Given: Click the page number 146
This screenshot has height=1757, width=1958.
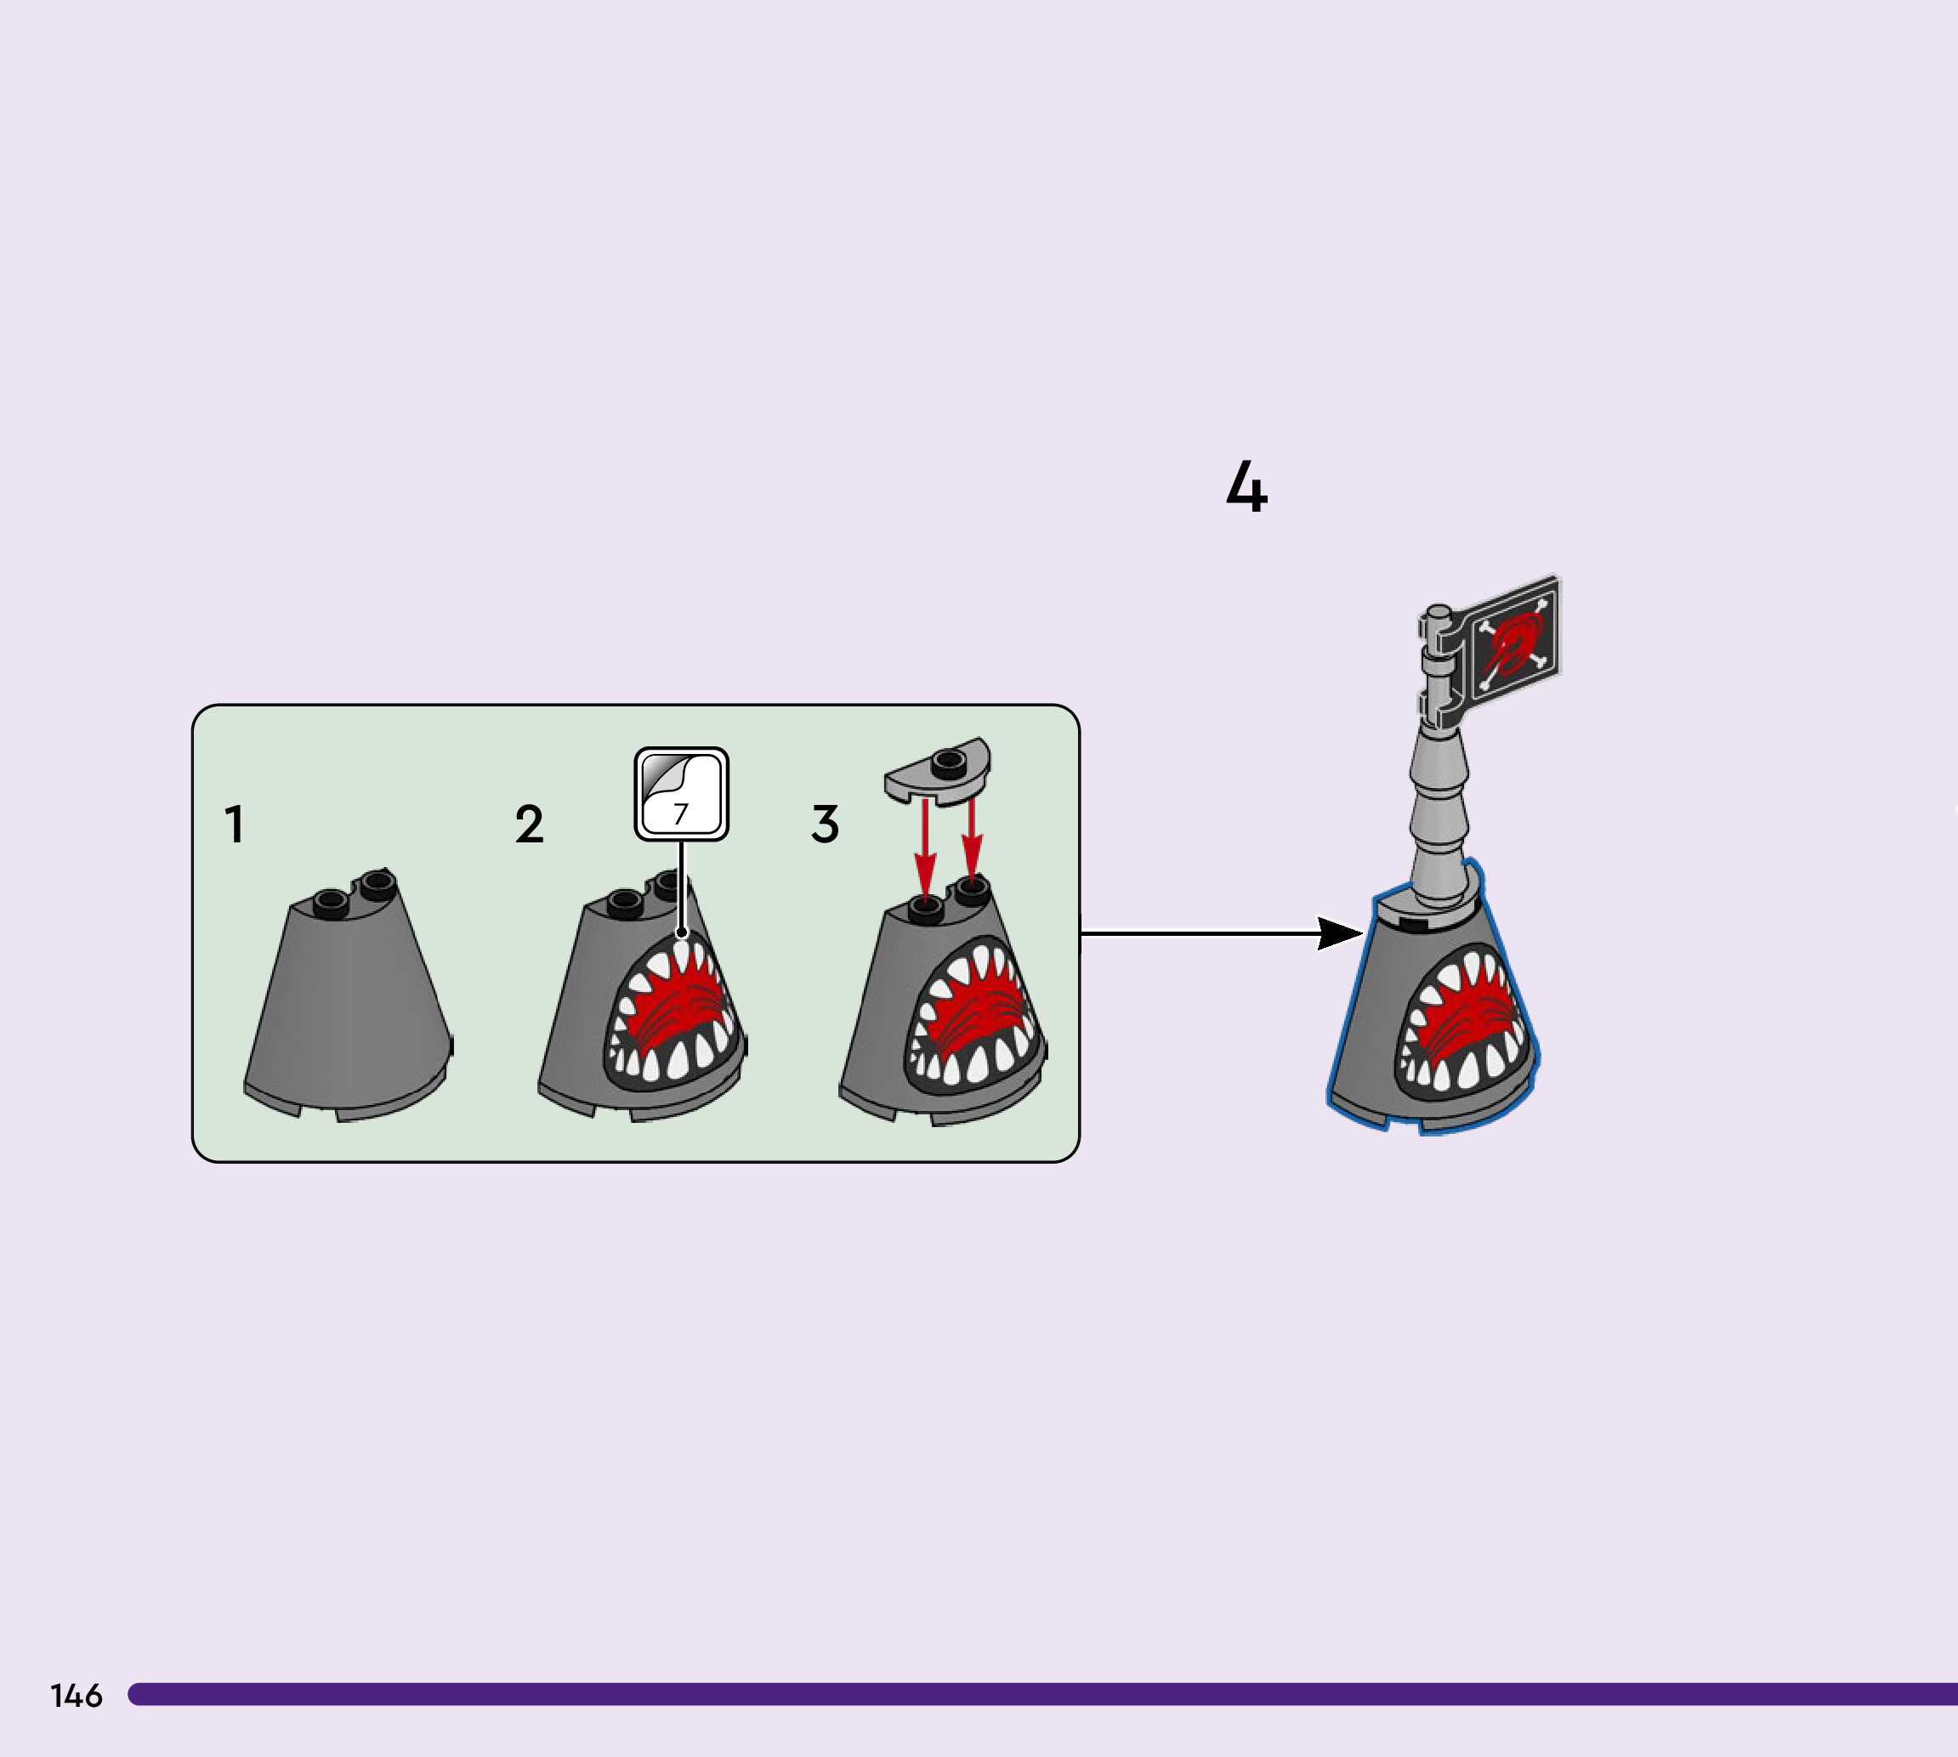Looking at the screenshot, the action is [x=77, y=1695].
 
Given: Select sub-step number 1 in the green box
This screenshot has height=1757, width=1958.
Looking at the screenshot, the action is [x=234, y=825].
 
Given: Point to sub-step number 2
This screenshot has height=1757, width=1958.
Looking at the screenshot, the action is [x=529, y=825].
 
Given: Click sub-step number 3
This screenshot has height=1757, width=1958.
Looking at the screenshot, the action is [x=825, y=825].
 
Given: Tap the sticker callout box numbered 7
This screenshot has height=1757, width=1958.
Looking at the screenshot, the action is [x=682, y=794].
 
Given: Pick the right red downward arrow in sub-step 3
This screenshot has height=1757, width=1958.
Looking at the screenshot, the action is [x=973, y=840].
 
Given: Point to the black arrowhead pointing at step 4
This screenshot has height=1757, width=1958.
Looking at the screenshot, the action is [x=1340, y=933].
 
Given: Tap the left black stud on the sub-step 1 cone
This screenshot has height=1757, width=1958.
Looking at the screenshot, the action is [x=332, y=902].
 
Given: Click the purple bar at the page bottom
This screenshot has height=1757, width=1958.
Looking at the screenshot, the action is [x=1042, y=1694].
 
